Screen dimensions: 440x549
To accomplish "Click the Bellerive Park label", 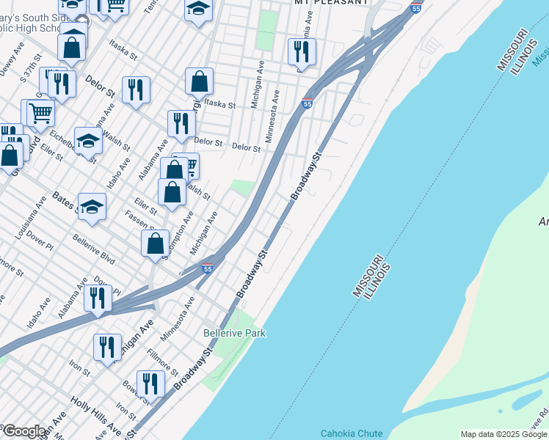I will click(x=234, y=333).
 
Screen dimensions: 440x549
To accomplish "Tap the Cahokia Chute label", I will click(x=351, y=433).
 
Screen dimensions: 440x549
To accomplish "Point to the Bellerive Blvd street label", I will click(x=93, y=249).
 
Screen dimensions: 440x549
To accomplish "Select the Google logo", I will click(x=24, y=432).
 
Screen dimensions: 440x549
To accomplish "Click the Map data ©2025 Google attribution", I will click(x=503, y=434).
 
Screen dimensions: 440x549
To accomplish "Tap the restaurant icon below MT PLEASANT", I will click(x=302, y=51).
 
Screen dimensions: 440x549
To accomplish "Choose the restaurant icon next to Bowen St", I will click(x=150, y=384).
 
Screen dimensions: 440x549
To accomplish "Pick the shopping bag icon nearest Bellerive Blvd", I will click(x=156, y=244).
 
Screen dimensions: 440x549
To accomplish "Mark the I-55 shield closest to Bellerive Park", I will click(x=208, y=269).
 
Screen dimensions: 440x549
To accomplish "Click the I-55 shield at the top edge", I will click(x=416, y=8).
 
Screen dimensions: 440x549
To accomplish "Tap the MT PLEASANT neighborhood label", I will click(x=331, y=2).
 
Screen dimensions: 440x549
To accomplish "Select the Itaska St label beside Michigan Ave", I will click(x=219, y=105).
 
